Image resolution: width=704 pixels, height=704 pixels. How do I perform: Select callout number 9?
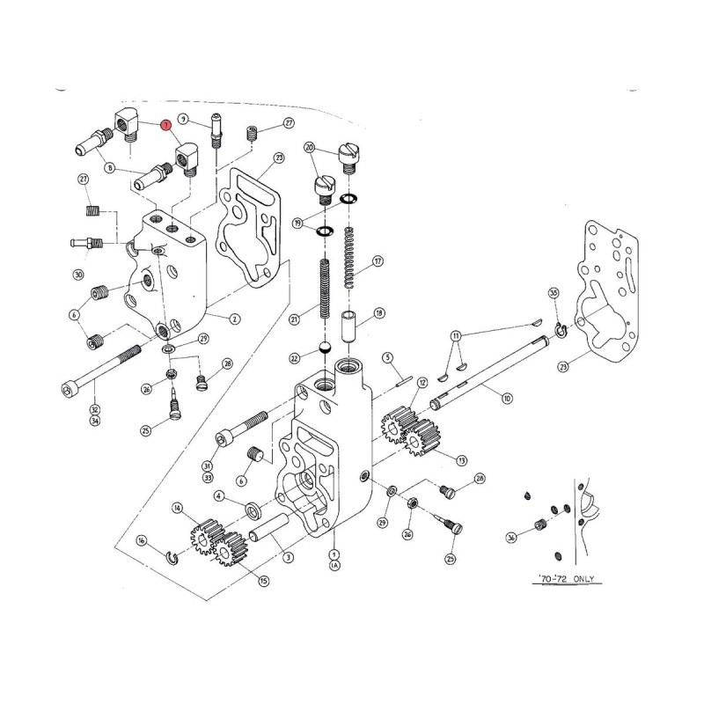(x=183, y=119)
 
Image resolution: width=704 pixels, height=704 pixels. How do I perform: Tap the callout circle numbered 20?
(x=309, y=147)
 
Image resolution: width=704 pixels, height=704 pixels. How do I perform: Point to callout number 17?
(x=378, y=260)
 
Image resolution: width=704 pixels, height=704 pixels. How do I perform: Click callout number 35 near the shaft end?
(x=554, y=292)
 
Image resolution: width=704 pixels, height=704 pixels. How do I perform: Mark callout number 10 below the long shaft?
(x=506, y=399)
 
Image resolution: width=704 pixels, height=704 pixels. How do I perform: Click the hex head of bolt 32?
(x=70, y=387)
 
